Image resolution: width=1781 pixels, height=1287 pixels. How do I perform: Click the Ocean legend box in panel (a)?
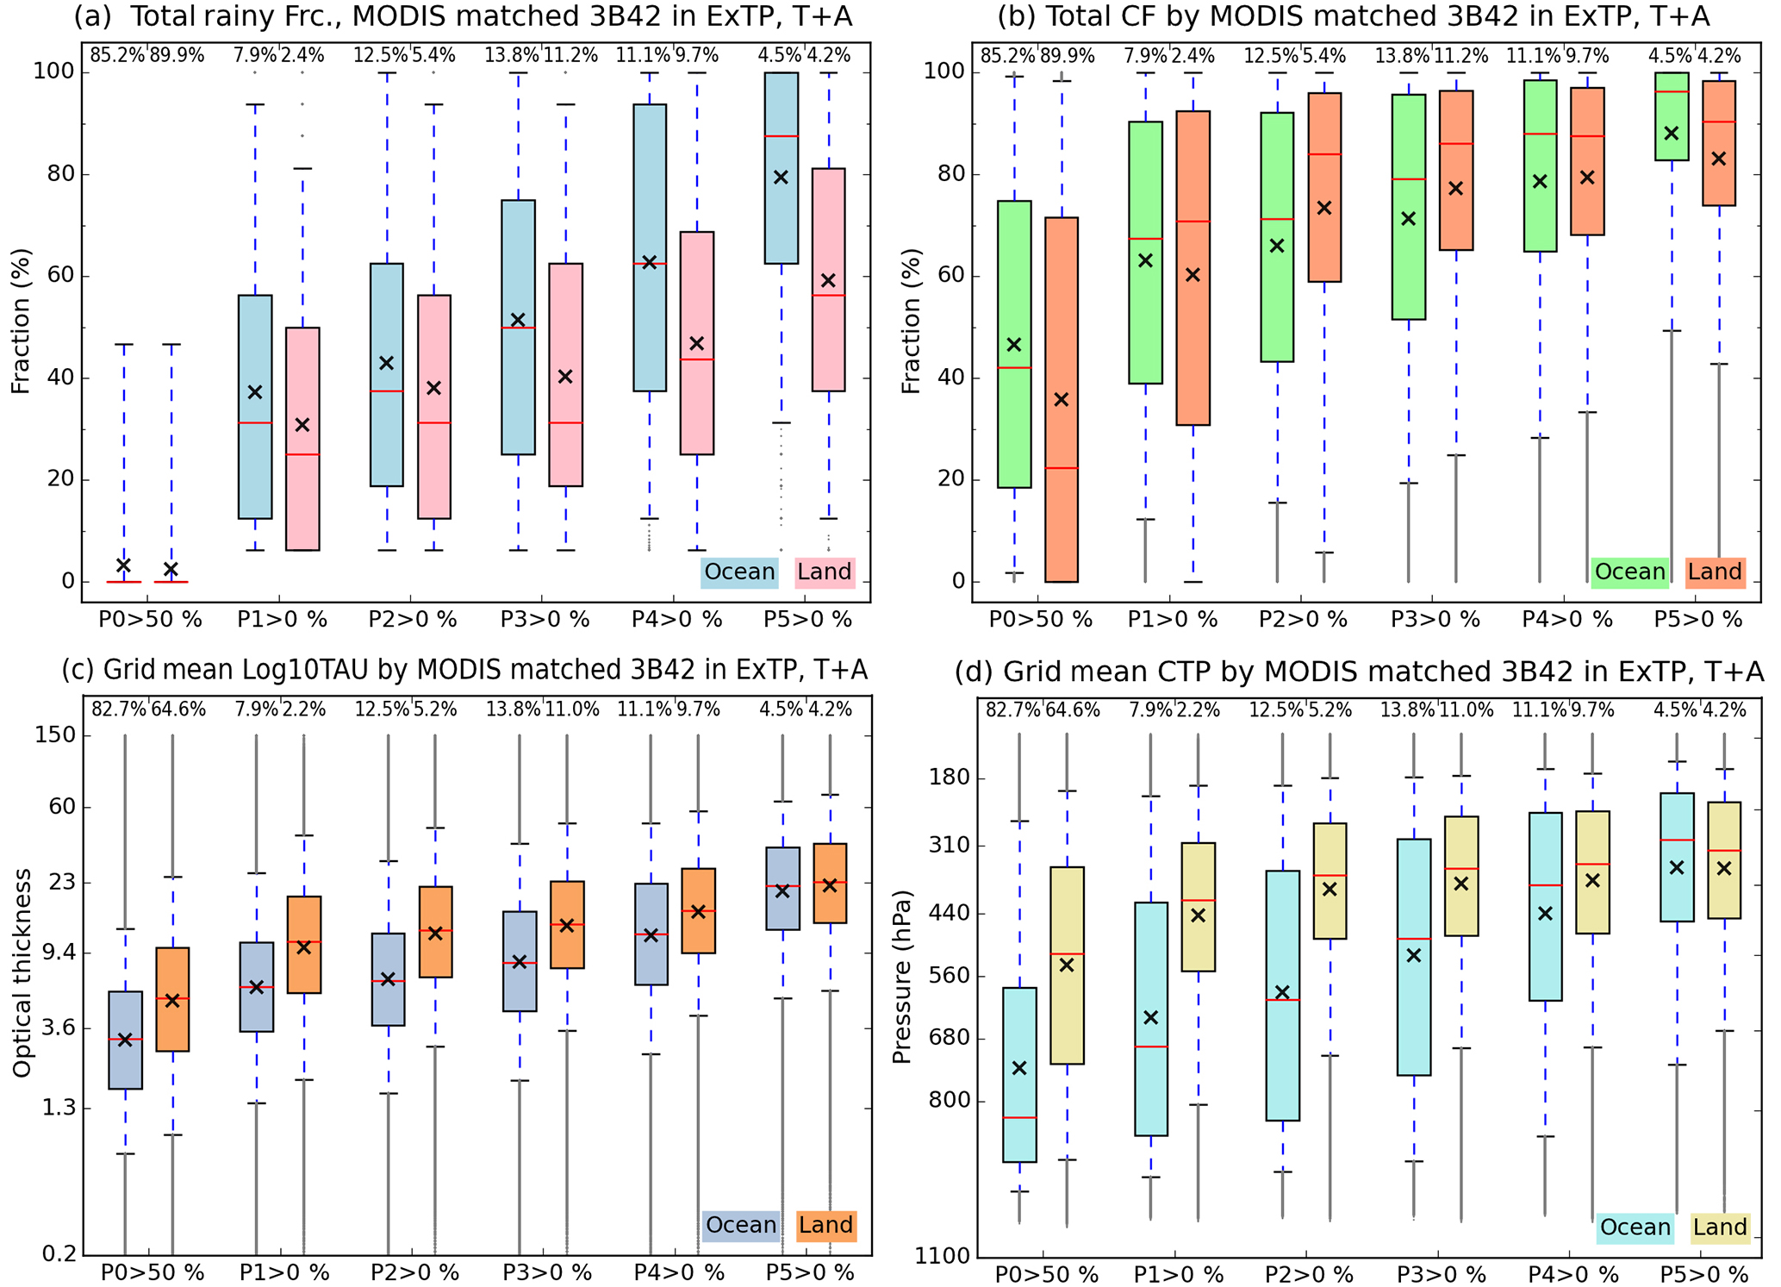pos(739,572)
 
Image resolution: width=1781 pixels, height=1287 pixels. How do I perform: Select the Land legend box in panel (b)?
pos(1715,572)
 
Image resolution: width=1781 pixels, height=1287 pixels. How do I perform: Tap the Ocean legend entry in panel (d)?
pos(1635,1228)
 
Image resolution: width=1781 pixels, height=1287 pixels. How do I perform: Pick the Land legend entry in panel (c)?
pos(825,1226)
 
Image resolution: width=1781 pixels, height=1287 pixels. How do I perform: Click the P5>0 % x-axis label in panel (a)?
pos(808,619)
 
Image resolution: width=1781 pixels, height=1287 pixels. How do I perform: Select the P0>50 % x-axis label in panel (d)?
pos(1047,1274)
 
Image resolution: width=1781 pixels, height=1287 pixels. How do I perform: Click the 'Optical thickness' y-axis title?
pos(22,972)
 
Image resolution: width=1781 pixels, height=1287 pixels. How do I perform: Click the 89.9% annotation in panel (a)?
pos(177,56)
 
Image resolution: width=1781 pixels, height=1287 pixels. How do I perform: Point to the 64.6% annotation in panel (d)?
pos(1073,710)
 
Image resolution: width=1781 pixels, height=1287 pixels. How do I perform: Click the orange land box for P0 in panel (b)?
pos(1062,399)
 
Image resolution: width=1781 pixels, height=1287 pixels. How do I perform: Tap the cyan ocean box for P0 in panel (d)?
pos(1019,1074)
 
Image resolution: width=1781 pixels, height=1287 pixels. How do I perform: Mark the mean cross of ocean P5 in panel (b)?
pos(1672,133)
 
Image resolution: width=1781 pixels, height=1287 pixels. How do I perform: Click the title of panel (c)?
pos(464,671)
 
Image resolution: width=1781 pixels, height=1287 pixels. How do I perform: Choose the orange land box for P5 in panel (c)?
pos(830,883)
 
